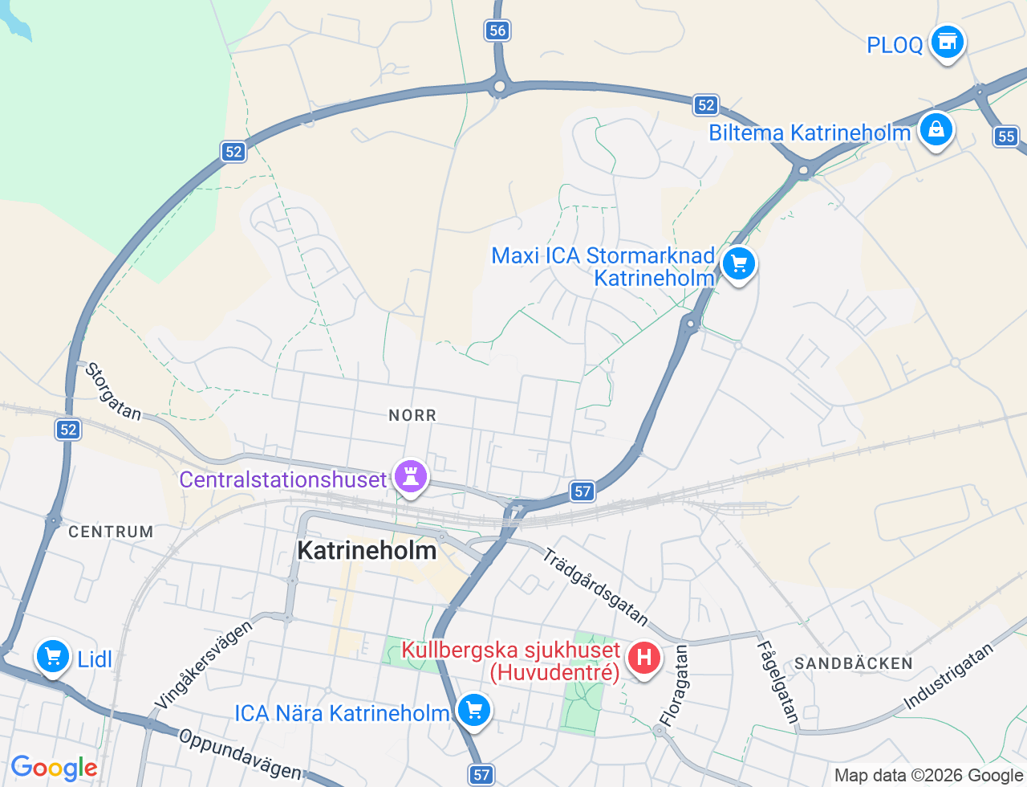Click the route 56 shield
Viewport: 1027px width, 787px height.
coord(497,31)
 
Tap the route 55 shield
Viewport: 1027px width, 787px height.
coord(1007,136)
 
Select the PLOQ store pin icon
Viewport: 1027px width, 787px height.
coord(947,42)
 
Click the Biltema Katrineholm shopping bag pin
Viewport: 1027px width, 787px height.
coord(936,129)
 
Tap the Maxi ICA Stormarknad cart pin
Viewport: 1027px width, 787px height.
coord(738,263)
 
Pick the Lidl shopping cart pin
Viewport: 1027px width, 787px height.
coord(53,658)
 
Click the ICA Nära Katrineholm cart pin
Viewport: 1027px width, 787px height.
coord(473,711)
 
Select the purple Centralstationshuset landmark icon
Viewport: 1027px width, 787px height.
coord(411,477)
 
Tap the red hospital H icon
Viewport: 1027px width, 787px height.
coord(643,659)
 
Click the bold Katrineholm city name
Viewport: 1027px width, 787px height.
coord(367,550)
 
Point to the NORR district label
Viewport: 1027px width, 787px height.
coord(412,415)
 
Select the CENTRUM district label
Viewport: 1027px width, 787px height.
coord(111,532)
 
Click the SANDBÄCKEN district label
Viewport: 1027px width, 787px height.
coord(854,663)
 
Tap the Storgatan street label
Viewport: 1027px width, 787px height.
coord(113,392)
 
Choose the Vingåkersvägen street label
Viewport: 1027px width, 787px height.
coord(203,665)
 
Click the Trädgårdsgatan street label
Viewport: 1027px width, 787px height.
coord(595,587)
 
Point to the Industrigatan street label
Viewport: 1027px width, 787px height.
coord(948,677)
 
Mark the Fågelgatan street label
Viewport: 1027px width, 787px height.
coord(777,682)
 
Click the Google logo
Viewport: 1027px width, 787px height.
coord(54,768)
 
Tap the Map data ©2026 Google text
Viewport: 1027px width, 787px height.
coord(928,775)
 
